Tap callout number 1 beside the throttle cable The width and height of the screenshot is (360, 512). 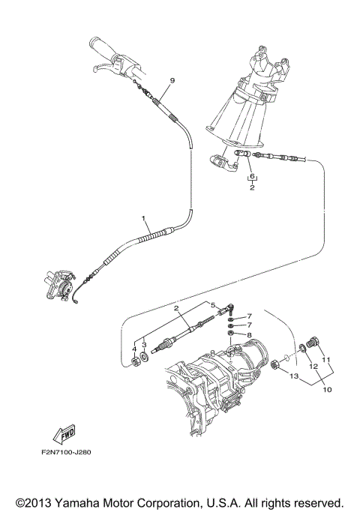coord(143,217)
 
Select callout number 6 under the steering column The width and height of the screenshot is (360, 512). coord(253,176)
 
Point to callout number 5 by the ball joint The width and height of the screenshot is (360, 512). coord(213,305)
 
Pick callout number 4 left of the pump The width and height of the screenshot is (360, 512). coord(134,348)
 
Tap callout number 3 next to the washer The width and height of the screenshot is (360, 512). coord(144,346)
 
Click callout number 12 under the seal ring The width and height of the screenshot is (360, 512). coord(313,367)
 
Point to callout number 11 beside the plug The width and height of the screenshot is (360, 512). coord(326,359)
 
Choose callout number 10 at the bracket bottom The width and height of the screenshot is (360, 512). coord(327,390)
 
